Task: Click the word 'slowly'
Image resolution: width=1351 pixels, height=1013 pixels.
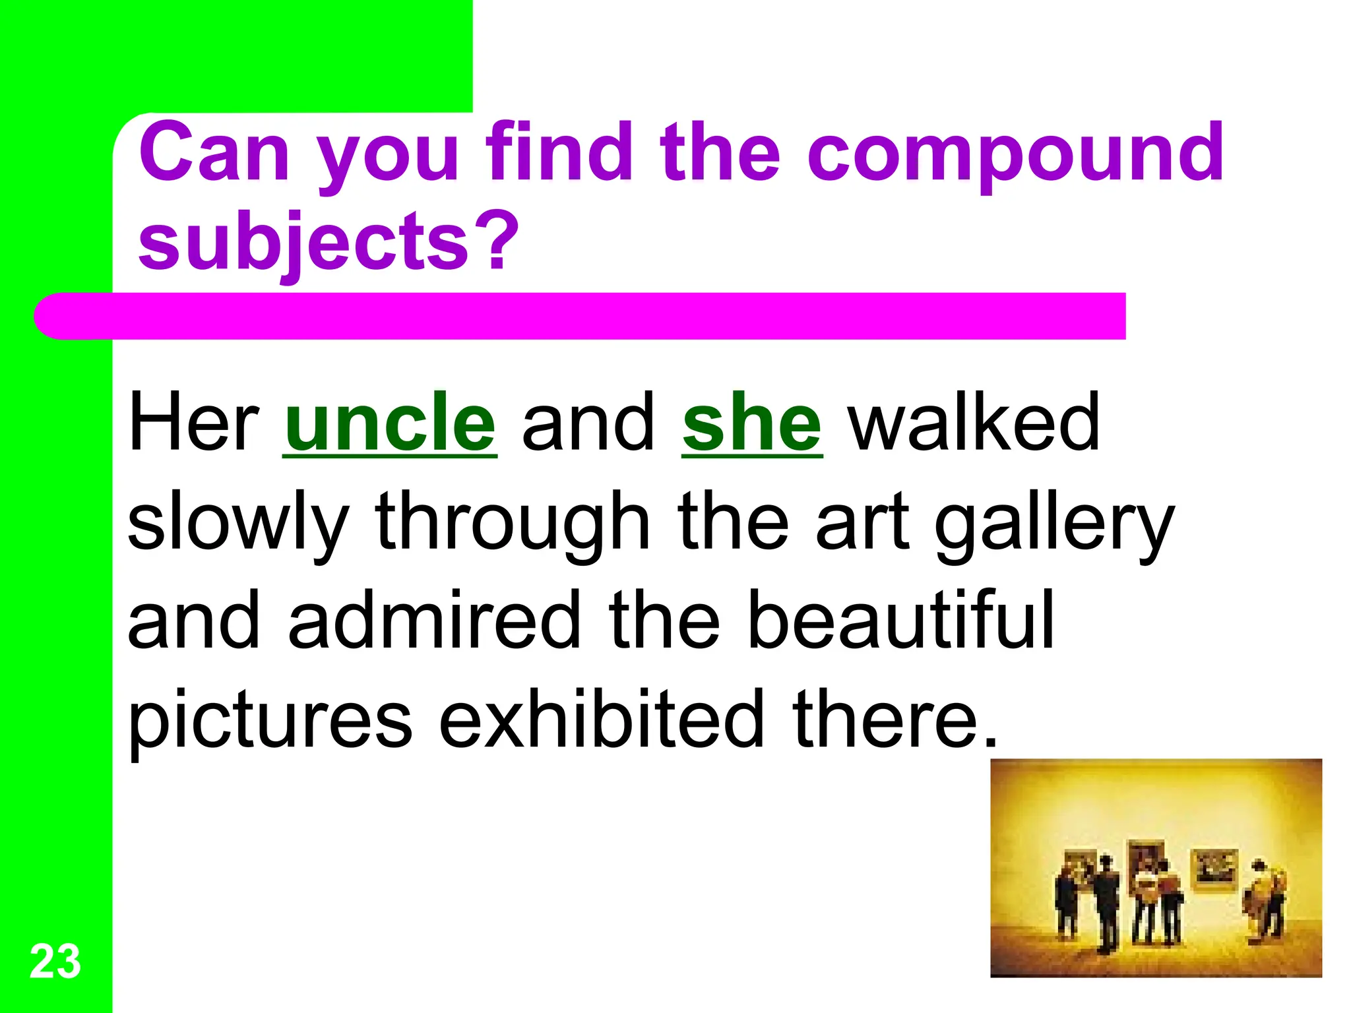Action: pos(237,522)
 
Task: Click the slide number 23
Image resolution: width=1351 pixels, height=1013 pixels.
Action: pos(55,962)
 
